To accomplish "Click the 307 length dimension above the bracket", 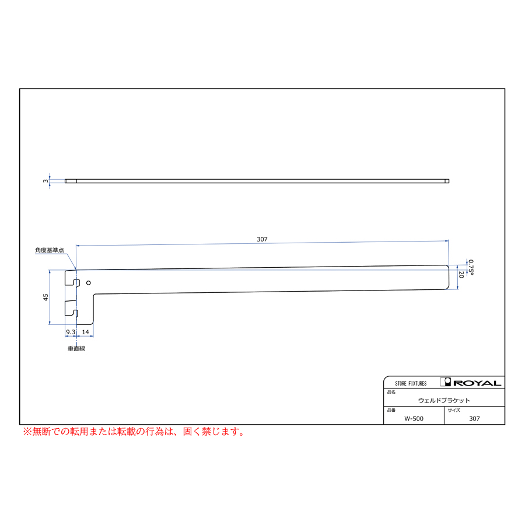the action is (x=262, y=239).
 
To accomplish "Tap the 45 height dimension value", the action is (x=46, y=297).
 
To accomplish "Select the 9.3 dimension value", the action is (x=71, y=332).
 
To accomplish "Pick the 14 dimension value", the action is (x=85, y=332).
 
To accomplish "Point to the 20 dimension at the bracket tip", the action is (x=461, y=275).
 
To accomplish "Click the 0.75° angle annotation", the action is (x=471, y=267).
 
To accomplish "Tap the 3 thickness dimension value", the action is (x=46, y=181).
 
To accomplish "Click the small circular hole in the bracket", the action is (x=89, y=283).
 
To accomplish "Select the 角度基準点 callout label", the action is (x=50, y=250).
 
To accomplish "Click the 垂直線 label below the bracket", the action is (x=76, y=349).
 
